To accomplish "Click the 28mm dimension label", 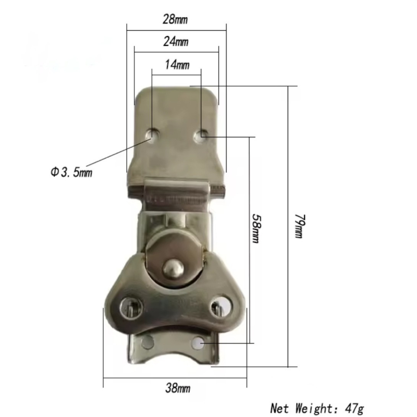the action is tap(175, 19).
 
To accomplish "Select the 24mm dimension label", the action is tap(176, 42).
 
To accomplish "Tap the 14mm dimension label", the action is tap(177, 65).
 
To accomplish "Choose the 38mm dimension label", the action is tap(178, 388).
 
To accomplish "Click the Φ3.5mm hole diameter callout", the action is tap(71, 173).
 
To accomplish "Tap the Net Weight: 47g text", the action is tap(317, 408).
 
